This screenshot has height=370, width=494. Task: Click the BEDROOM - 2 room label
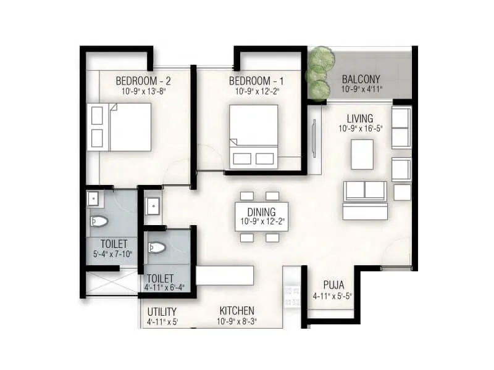143,80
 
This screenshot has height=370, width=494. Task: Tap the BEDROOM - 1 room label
258,81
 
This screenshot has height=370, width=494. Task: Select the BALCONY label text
361,80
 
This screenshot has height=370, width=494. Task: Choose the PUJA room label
333,286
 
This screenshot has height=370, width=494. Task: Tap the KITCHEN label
237,311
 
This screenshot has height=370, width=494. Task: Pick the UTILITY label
162,311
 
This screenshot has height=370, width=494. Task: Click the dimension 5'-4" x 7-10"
114,253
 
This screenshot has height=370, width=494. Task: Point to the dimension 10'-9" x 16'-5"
361,129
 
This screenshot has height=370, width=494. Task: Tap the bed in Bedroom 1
253,136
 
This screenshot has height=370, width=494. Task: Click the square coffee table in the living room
362,154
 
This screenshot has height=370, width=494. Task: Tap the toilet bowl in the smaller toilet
157,248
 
